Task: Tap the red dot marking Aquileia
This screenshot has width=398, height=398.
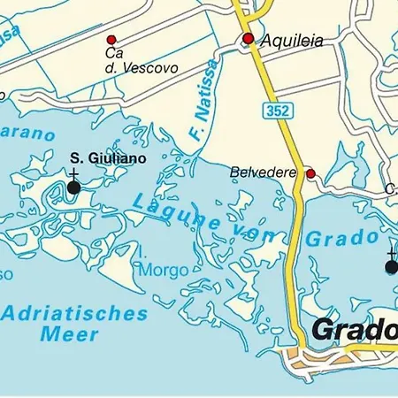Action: tap(249, 38)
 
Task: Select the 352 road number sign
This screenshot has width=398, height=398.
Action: tap(274, 109)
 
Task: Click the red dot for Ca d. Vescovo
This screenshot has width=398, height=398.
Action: tap(111, 40)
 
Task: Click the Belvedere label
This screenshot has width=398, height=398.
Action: tap(264, 172)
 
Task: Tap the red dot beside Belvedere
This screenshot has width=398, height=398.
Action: tap(310, 173)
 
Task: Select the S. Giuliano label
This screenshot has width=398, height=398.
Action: tap(108, 157)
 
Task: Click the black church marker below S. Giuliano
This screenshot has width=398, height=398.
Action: tap(73, 187)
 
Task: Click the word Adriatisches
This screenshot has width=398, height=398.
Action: tap(74, 312)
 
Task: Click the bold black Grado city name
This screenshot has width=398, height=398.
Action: tap(354, 330)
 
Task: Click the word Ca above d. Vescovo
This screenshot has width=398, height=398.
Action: tap(112, 54)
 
